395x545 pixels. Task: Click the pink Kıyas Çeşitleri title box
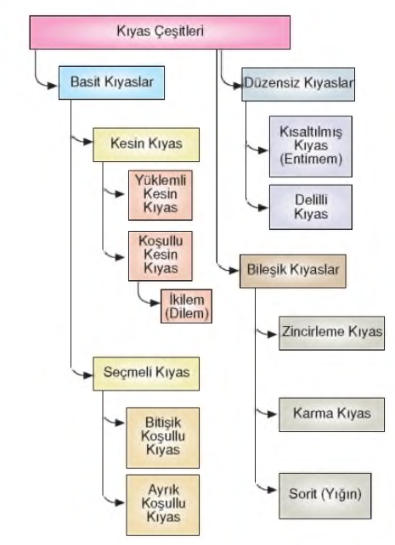[160, 32]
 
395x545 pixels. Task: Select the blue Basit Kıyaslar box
[111, 82]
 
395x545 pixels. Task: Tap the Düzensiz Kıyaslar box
[298, 84]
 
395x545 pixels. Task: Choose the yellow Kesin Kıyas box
[146, 144]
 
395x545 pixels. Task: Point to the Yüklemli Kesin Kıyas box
[161, 195]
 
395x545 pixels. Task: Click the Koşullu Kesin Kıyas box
[161, 256]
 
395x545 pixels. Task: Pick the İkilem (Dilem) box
[186, 306]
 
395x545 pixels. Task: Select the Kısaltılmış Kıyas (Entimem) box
[311, 146]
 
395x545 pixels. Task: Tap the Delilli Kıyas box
[311, 207]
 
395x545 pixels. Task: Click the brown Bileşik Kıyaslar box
[293, 271]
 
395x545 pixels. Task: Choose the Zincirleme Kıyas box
[332, 333]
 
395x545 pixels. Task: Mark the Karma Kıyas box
[332, 414]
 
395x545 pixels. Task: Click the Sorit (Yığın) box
[325, 496]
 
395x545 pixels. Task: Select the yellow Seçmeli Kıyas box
[146, 374]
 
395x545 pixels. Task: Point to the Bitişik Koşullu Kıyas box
[163, 438]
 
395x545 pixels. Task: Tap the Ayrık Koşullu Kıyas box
[163, 505]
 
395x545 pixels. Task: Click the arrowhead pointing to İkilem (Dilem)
[155, 303]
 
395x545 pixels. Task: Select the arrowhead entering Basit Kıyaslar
[53, 86]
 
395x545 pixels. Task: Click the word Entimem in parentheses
[312, 160]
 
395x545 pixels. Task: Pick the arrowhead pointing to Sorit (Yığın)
[272, 490]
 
